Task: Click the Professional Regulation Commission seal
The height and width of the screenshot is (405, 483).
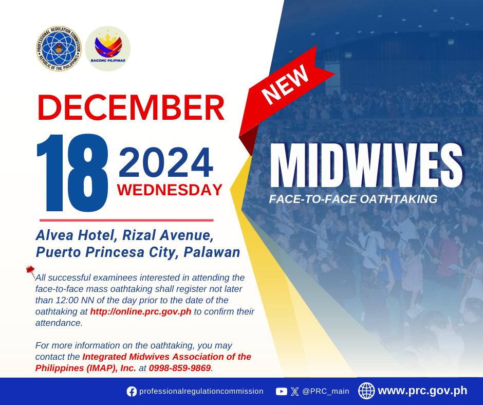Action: [59, 49]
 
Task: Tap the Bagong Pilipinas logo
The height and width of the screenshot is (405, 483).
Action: [108, 49]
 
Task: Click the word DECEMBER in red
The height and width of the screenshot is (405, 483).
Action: [131, 107]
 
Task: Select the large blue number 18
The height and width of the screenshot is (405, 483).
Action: [72, 173]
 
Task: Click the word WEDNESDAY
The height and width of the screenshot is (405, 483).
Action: [170, 190]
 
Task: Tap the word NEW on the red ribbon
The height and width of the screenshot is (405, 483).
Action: [285, 85]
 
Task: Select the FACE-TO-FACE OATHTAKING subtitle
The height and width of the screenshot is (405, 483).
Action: [354, 199]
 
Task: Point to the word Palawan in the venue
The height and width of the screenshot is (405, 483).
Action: [212, 252]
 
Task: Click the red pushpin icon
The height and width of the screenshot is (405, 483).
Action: [30, 271]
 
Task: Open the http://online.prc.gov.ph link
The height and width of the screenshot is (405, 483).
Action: [141, 311]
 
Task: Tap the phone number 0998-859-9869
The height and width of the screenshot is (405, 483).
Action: [180, 368]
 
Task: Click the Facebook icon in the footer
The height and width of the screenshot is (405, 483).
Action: [132, 392]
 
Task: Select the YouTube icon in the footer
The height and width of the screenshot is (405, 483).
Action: [282, 392]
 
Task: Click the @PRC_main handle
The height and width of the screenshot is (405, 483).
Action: [326, 391]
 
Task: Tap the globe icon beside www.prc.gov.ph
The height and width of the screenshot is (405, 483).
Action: [366, 391]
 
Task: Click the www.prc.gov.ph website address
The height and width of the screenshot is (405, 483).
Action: [422, 391]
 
